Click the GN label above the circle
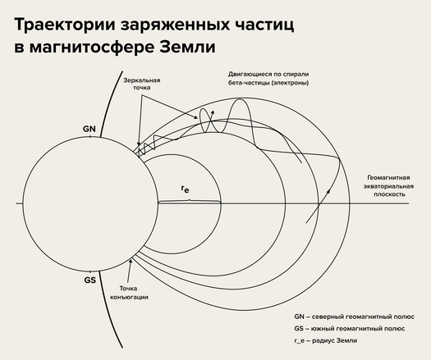point(89,129)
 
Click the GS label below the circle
point(89,280)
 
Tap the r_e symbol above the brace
point(186,189)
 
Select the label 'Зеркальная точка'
point(141,84)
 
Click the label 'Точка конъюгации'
point(129,293)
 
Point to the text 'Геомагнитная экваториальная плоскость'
point(388,186)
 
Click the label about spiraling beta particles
point(268,78)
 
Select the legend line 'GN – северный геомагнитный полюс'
point(354,317)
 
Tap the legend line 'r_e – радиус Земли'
point(326,340)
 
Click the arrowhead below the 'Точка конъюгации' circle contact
point(131,261)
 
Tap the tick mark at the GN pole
point(90,136)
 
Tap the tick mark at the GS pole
point(90,271)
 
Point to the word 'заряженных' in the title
point(175,25)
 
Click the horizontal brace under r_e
point(190,202)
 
